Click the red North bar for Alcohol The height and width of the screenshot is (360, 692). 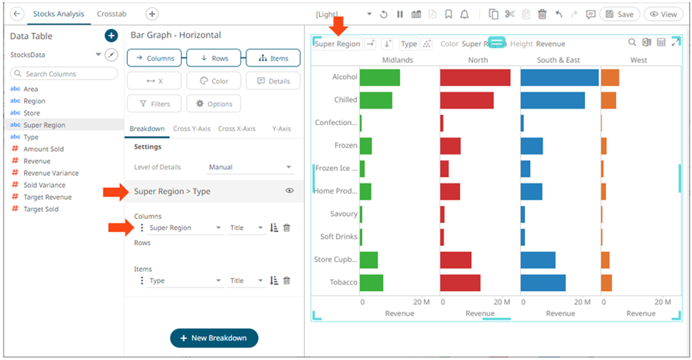click(475, 77)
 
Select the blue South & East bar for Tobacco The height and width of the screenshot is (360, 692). click(543, 282)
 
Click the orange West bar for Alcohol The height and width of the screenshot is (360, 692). click(609, 77)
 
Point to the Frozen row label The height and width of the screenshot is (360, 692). click(345, 146)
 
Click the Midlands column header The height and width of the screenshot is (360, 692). click(397, 60)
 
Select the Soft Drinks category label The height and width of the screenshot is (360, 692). click(339, 237)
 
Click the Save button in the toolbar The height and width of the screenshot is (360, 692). click(619, 14)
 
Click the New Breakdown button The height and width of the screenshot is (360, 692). click(214, 338)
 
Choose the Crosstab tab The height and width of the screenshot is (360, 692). click(111, 14)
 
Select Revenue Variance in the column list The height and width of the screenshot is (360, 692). click(50, 173)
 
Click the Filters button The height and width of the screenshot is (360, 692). click(154, 104)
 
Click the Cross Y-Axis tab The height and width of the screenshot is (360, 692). click(191, 129)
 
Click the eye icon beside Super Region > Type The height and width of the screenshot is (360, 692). click(290, 191)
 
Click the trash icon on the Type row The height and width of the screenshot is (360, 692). click(287, 281)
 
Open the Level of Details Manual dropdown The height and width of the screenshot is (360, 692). click(250, 167)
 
